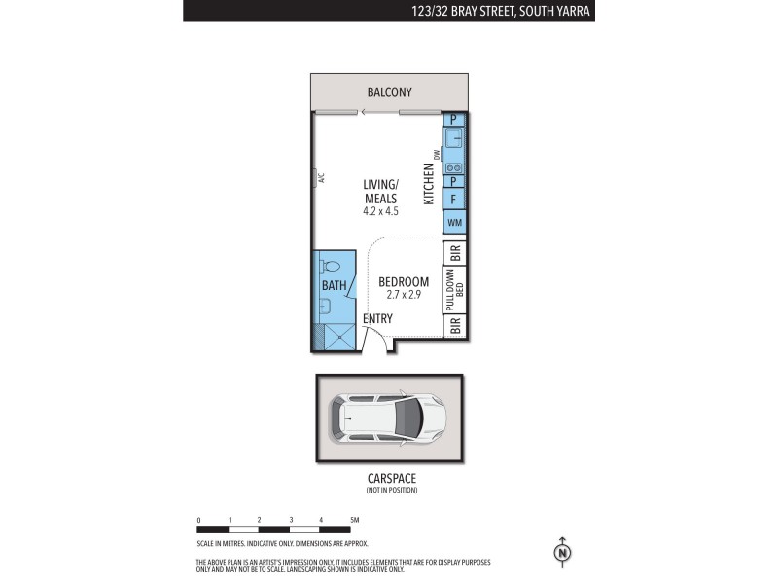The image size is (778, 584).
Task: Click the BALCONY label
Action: (389, 92)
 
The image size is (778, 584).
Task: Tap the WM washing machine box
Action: (454, 224)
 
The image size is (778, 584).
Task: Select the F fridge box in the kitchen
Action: (454, 200)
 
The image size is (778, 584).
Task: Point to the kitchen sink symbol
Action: (454, 138)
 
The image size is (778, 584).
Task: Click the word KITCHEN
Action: (429, 184)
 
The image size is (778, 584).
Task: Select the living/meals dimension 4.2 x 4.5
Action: (381, 210)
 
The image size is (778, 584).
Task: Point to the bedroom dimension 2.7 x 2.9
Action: (404, 294)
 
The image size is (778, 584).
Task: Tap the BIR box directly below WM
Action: (455, 252)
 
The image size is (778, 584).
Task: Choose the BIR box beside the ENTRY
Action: (455, 326)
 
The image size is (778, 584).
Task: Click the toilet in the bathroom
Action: (330, 266)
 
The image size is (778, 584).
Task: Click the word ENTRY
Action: (377, 318)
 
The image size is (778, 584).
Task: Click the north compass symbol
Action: (562, 553)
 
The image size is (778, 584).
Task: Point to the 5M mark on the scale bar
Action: (354, 520)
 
